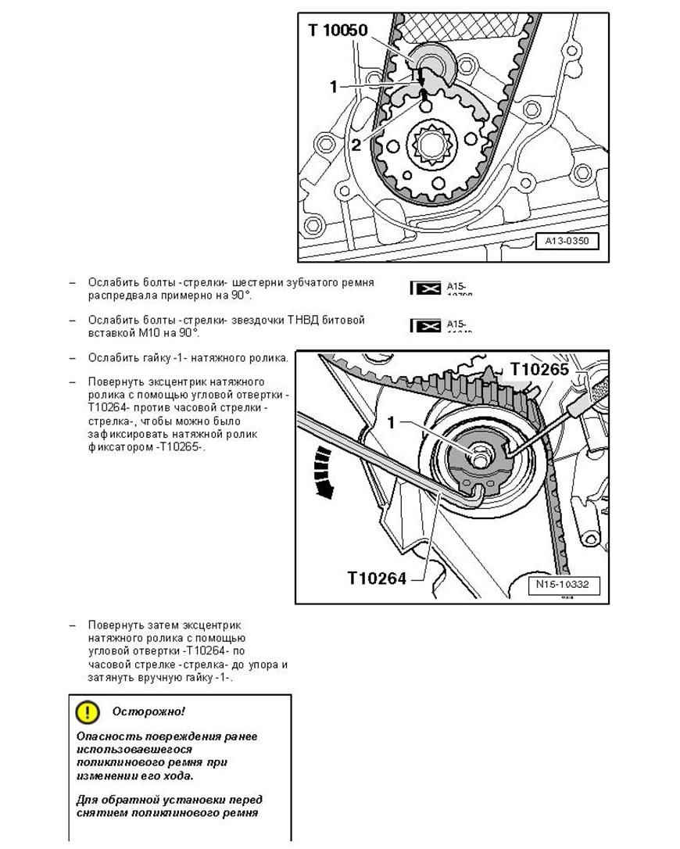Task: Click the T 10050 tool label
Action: (x=337, y=30)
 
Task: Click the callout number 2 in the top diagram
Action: (x=356, y=144)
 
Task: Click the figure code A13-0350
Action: (x=567, y=241)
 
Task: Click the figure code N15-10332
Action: (x=563, y=584)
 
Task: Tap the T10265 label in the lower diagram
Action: (x=540, y=369)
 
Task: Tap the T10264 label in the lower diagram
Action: (x=377, y=579)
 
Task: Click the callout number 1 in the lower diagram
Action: (x=393, y=423)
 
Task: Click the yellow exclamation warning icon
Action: (x=88, y=711)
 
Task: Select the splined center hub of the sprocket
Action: (x=428, y=144)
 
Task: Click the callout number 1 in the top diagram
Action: (x=334, y=87)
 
